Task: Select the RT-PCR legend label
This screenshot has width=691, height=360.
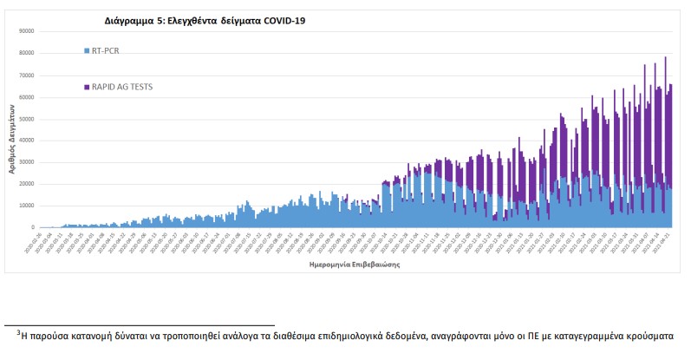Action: click(105, 50)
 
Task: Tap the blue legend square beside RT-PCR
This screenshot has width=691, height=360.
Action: click(87, 50)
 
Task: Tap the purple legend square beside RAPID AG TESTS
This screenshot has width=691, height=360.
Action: click(87, 87)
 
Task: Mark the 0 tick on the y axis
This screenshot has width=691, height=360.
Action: click(31, 227)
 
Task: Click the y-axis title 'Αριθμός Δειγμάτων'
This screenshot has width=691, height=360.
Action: click(12, 135)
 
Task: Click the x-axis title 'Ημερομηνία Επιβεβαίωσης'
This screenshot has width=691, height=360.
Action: click(354, 265)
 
